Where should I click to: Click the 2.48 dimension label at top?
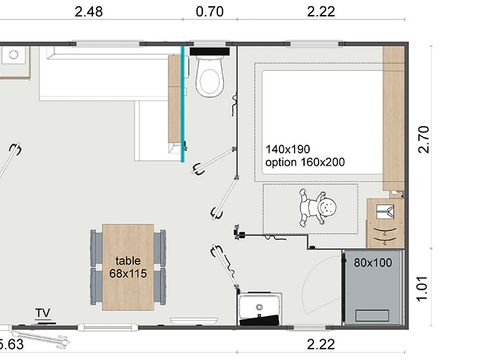pyautogui.click(x=89, y=12)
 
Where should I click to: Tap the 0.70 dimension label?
pyautogui.click(x=210, y=12)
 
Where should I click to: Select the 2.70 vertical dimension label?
pyautogui.click(x=424, y=139)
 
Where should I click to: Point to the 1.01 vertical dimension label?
pyautogui.click(x=423, y=289)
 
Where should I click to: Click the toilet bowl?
pyautogui.click(x=209, y=77)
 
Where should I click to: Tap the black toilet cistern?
pyautogui.click(x=210, y=51)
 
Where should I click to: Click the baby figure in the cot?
pyautogui.click(x=317, y=208)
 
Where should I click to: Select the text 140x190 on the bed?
pyautogui.click(x=288, y=149)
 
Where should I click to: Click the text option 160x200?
pyautogui.click(x=305, y=162)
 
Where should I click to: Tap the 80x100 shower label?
pyautogui.click(x=373, y=263)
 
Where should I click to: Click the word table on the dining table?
pyautogui.click(x=128, y=261)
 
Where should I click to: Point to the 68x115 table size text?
pyautogui.click(x=128, y=273)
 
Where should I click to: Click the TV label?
pyautogui.click(x=43, y=313)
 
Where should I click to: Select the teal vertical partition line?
pyautogui.click(x=182, y=104)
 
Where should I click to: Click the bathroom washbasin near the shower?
pyautogui.click(x=260, y=308)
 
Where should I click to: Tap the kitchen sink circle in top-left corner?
pyautogui.click(x=14, y=54)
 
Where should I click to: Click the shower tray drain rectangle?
pyautogui.click(x=372, y=316)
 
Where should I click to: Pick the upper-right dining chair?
pyautogui.click(x=160, y=247)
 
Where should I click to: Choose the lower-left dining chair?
pyautogui.click(x=96, y=286)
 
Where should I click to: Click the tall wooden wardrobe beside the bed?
pyautogui.click(x=393, y=118)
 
